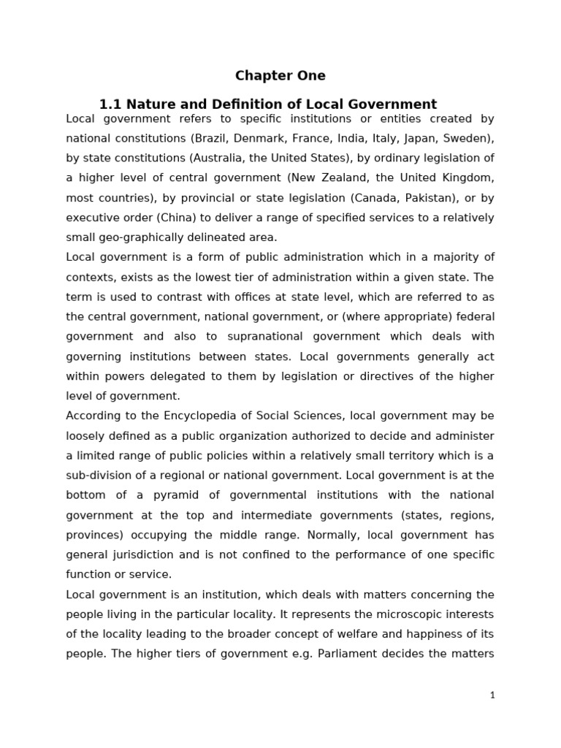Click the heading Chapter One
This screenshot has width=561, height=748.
[x=280, y=76]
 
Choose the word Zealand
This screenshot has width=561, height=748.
[x=332, y=178]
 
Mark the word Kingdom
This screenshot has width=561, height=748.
[x=467, y=178]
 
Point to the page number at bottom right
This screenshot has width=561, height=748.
[x=492, y=695]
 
